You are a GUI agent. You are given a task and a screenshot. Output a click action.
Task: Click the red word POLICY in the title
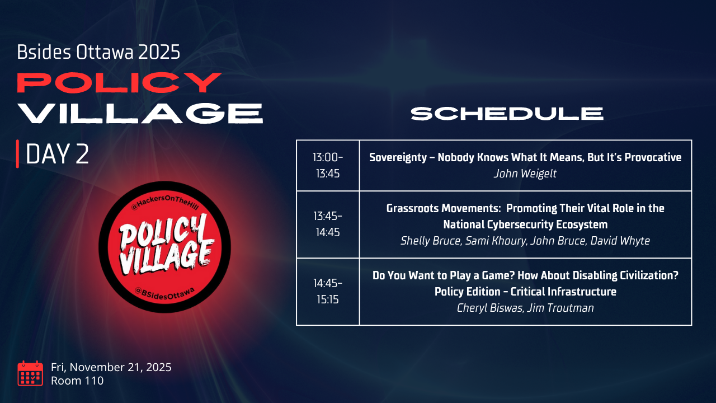[x=119, y=82]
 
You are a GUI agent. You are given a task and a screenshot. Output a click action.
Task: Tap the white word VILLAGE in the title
[x=140, y=113]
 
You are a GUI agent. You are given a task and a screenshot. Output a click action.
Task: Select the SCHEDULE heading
[x=507, y=114]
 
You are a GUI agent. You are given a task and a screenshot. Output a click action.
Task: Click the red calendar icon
[x=30, y=373]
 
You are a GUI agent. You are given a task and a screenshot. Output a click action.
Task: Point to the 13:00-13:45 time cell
[x=328, y=165]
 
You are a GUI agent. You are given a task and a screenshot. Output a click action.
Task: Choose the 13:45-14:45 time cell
[x=328, y=224]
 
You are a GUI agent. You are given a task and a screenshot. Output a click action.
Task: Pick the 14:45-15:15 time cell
[x=328, y=292]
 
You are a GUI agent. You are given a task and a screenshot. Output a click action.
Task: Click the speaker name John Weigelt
[x=525, y=174]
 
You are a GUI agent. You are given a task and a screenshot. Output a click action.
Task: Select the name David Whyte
[x=620, y=241]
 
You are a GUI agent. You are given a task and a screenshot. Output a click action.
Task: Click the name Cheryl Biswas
[x=491, y=308]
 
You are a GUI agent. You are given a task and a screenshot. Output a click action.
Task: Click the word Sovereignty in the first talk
[x=398, y=157]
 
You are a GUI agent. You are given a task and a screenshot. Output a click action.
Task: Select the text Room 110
[x=77, y=381]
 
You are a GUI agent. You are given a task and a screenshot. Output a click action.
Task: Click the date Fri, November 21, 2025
[x=111, y=367]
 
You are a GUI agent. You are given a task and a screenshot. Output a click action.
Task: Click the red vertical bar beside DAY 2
[x=17, y=154]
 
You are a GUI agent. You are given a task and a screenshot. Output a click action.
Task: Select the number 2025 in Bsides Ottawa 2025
[x=159, y=52]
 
